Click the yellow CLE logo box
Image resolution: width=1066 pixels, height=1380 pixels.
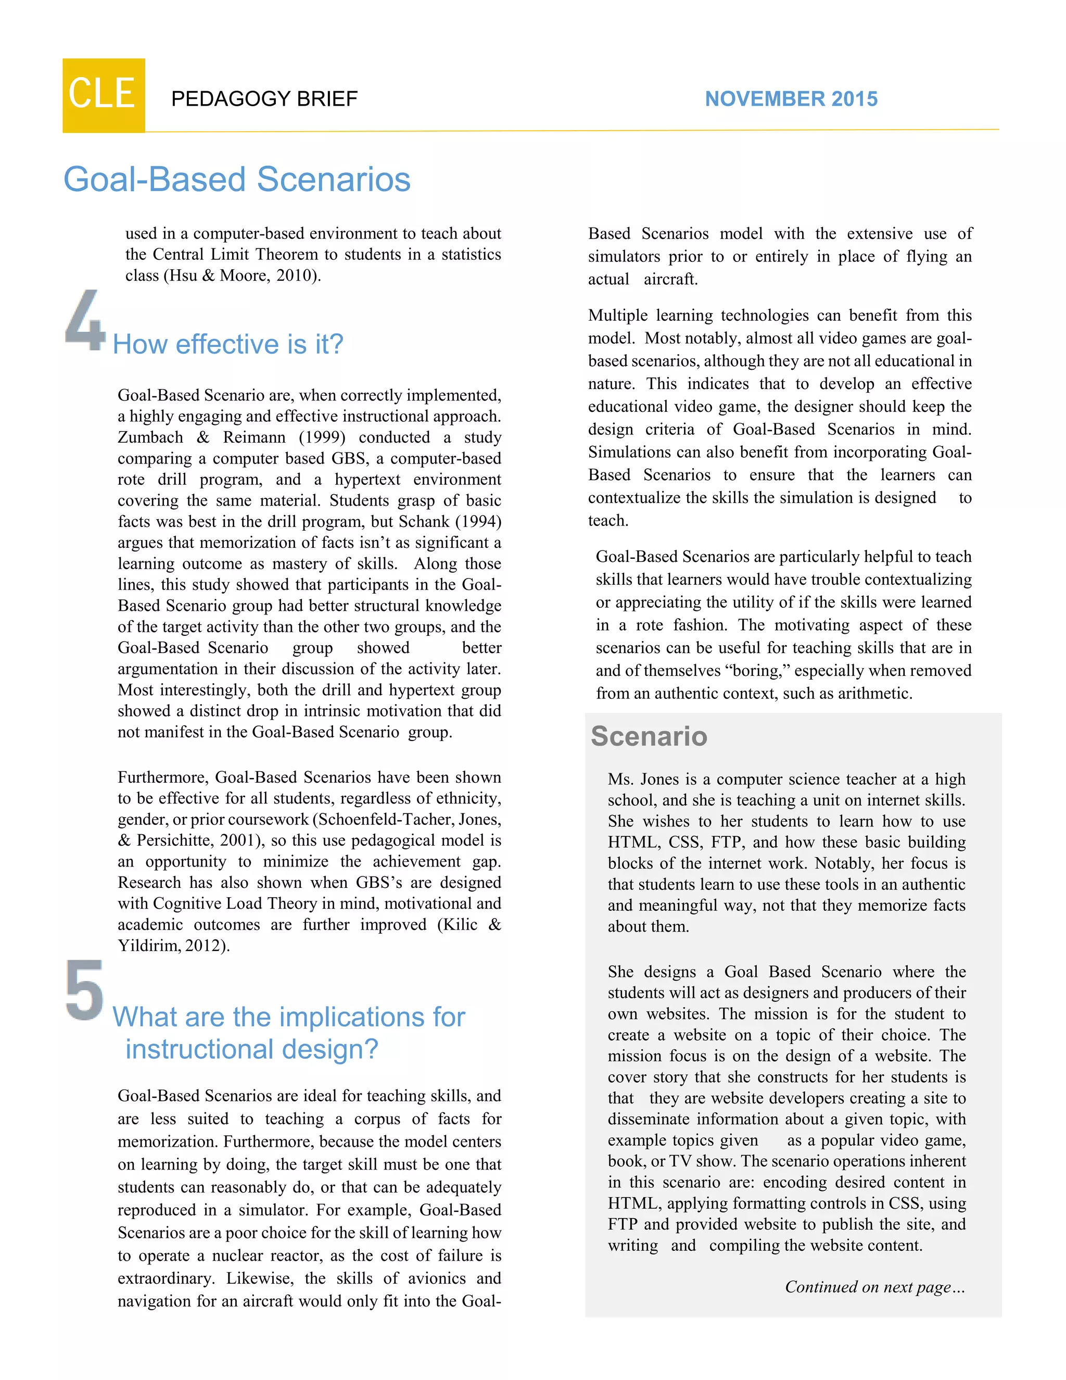(104, 95)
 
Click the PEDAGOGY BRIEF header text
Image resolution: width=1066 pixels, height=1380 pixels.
(264, 99)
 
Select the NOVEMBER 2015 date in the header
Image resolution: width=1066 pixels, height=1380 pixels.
(791, 99)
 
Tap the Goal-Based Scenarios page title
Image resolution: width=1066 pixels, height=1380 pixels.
(237, 180)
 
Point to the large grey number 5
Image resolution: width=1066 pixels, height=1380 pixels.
(85, 989)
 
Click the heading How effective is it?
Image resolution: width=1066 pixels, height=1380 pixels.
(227, 344)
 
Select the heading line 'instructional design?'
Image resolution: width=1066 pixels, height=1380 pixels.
(251, 1049)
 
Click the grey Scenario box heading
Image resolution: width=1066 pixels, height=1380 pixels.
(649, 736)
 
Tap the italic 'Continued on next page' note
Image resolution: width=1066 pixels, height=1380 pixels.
(874, 1287)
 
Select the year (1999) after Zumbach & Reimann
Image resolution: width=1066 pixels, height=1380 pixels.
(322, 437)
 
